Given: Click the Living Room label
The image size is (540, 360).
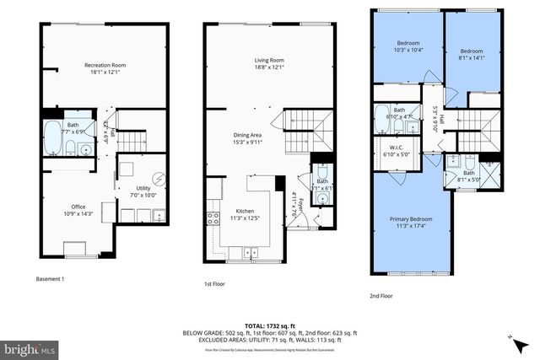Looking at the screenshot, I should click(x=268, y=60).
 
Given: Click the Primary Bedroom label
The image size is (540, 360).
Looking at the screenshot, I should click(x=411, y=222).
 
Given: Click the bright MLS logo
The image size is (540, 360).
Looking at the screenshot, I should click(x=30, y=347).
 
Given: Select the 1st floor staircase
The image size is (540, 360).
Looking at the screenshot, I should click(x=300, y=132).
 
